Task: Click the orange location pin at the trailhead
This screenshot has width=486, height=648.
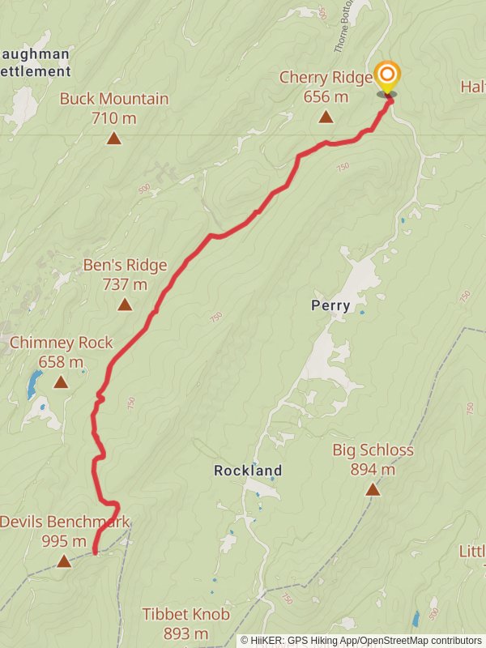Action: (x=387, y=76)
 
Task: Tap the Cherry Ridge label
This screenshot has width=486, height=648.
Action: (x=326, y=78)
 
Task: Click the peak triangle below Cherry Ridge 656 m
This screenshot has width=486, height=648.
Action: (x=326, y=117)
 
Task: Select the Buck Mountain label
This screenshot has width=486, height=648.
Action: (x=114, y=99)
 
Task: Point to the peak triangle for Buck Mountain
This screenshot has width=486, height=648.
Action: (x=114, y=139)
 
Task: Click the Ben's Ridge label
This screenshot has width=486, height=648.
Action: (x=125, y=265)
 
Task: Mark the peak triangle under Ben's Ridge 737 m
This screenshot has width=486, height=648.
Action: (x=125, y=305)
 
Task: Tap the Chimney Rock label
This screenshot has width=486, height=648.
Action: (x=62, y=343)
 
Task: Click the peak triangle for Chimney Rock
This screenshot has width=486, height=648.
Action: (x=61, y=382)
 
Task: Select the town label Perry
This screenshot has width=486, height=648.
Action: (x=330, y=305)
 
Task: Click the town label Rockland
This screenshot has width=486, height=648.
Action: (x=248, y=470)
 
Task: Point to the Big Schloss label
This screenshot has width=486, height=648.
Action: (x=373, y=450)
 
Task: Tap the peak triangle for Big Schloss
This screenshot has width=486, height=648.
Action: (x=373, y=489)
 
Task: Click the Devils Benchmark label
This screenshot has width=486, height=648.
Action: (x=64, y=522)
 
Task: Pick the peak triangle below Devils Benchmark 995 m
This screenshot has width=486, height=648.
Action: (x=64, y=561)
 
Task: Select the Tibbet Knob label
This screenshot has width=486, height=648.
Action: (x=186, y=614)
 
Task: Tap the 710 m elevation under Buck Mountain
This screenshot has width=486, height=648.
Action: (x=114, y=118)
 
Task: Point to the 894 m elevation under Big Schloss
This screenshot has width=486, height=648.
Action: (x=373, y=469)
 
